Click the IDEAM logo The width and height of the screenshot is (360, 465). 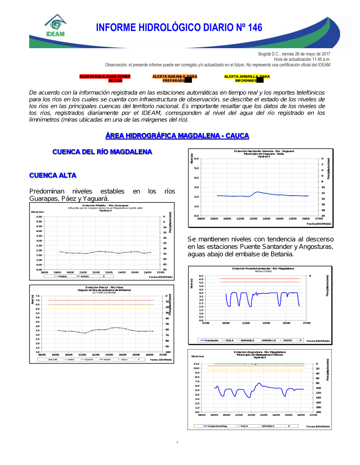click(x=55, y=26)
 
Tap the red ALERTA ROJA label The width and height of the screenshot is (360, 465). click(x=105, y=78)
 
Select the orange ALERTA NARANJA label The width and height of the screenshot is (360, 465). click(x=175, y=78)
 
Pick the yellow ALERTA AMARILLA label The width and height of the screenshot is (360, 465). click(x=247, y=78)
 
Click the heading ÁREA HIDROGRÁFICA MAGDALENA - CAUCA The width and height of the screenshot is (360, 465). click(x=177, y=136)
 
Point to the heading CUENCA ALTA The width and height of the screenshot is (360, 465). click(x=53, y=175)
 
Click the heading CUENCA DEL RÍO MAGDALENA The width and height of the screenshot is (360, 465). click(x=102, y=152)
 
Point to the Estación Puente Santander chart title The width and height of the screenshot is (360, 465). click(x=263, y=269)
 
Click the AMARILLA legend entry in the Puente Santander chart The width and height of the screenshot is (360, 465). click(x=269, y=340)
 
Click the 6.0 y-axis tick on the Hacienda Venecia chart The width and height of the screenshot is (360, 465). click(x=196, y=159)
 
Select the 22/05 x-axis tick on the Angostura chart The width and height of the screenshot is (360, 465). click(x=251, y=415)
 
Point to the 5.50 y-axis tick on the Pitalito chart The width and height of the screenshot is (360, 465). click(x=39, y=217)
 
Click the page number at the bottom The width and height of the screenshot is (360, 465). click(x=177, y=442)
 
